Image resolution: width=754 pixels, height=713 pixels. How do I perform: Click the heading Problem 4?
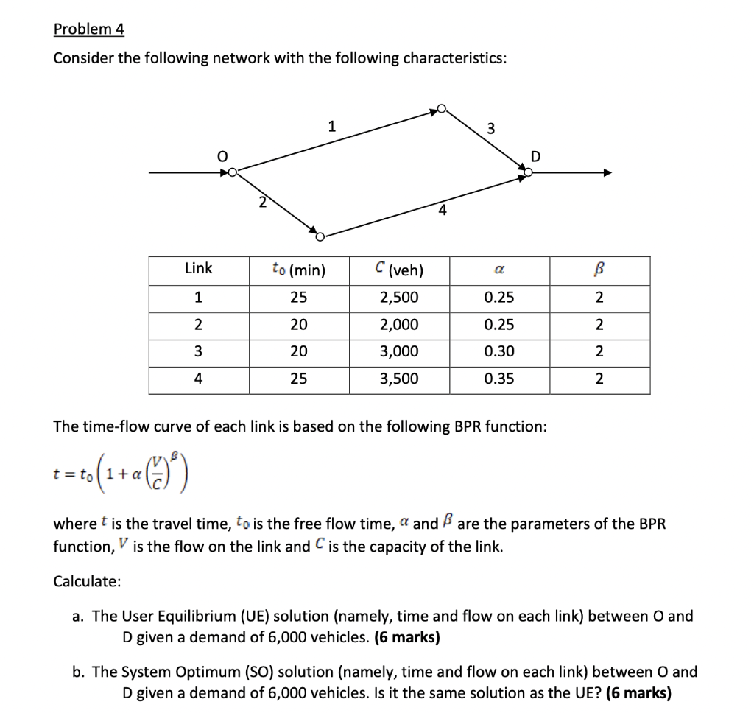89,29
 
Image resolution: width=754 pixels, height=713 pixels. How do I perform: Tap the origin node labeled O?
233,173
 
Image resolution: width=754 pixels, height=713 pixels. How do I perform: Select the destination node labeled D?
528,173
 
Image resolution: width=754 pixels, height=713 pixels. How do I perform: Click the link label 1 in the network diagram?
332,126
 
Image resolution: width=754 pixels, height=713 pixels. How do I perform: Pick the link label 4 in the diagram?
442,210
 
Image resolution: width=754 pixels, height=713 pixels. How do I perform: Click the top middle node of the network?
442,109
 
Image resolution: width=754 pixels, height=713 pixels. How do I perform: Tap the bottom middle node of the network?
320,236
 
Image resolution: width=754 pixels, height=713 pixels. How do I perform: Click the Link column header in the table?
198,269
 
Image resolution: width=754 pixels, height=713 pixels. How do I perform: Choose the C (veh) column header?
398,270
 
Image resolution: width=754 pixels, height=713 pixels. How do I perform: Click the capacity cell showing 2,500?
398,297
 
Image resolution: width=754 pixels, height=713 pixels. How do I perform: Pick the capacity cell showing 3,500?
398,379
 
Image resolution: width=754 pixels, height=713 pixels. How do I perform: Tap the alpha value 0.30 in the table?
499,352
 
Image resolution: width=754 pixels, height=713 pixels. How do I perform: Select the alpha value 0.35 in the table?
499,379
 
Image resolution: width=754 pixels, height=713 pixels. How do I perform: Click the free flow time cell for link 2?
298,325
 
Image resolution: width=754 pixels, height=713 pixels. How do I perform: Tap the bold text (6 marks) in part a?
407,637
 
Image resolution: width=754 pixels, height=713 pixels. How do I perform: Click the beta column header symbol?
599,270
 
